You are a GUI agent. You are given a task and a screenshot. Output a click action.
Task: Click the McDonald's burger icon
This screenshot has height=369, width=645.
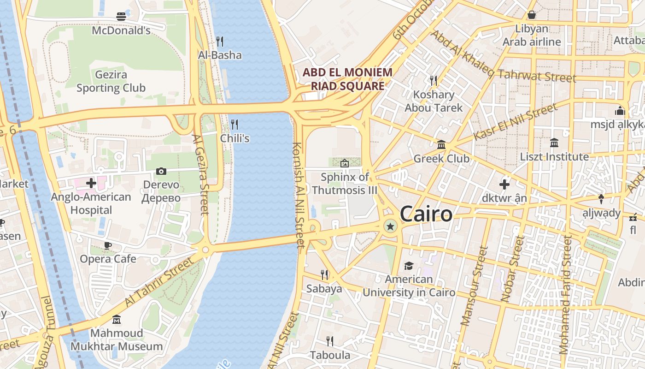tap(121, 17)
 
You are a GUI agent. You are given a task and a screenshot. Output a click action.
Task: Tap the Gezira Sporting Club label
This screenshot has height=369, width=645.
tap(111, 81)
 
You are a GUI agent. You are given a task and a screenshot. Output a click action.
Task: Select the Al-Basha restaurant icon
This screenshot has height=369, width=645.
tap(220, 42)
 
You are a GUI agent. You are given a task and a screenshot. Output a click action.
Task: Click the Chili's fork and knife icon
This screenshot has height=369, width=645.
tap(235, 124)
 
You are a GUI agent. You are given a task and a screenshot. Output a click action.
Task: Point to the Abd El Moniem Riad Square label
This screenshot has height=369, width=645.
tap(347, 79)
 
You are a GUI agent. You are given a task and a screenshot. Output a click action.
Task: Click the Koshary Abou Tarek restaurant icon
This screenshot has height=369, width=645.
tap(434, 81)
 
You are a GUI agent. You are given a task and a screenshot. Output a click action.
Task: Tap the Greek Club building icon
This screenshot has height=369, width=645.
tap(441, 145)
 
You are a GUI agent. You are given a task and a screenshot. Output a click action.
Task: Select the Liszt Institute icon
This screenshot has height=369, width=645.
tap(554, 143)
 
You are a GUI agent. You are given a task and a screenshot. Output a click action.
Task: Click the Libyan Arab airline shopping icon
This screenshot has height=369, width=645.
tap(532, 15)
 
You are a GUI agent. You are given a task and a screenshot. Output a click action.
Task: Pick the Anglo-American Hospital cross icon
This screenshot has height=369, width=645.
tap(91, 183)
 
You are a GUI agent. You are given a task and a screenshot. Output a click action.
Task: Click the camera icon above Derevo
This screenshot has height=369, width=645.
tap(161, 172)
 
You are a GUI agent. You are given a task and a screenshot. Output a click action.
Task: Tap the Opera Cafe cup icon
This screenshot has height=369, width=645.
tap(108, 245)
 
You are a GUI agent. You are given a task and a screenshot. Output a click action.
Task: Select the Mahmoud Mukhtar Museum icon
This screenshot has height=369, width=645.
tap(117, 319)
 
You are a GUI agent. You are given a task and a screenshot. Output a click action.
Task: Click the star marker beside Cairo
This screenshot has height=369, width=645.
tap(391, 226)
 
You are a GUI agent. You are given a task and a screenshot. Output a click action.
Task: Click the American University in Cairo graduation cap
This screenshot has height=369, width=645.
tap(409, 266)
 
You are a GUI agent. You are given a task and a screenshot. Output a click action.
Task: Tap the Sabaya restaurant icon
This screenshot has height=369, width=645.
tap(324, 275)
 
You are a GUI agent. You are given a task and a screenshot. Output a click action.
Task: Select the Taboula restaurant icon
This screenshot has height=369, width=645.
tap(330, 341)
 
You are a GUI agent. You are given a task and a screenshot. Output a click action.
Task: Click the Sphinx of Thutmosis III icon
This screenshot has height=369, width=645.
tap(344, 163)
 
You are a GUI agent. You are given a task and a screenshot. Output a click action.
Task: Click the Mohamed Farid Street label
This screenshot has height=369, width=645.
tap(566, 295)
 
